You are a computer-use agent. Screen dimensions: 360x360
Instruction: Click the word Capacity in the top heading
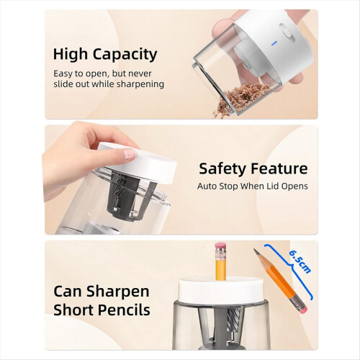125,55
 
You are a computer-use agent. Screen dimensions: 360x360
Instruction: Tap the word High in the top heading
71,54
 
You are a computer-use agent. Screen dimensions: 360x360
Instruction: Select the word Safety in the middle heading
223,168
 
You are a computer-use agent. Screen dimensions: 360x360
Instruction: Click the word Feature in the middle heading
279,168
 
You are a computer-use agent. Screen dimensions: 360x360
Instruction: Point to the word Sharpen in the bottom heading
118,292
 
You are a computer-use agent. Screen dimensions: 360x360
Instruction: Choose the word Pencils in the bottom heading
123,310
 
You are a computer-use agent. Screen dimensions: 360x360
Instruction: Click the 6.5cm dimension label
300,261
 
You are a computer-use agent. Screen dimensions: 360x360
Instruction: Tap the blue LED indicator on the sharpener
274,43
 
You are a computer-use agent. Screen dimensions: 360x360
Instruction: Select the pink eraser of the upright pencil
220,246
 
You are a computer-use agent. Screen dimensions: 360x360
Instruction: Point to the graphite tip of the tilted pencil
256,251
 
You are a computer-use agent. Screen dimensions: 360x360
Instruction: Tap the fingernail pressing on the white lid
130,154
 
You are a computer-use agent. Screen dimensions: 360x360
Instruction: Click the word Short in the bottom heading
73,310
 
